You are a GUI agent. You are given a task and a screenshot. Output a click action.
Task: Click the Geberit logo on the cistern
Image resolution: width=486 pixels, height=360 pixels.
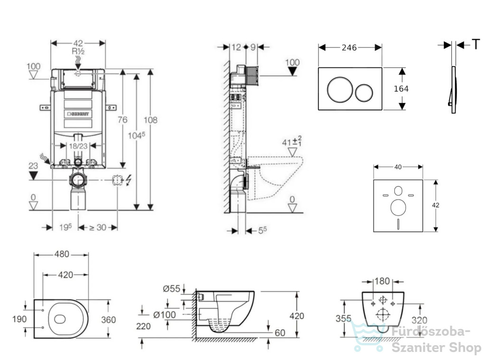78,114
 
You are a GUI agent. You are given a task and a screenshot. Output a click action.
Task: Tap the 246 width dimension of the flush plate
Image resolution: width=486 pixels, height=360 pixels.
349,47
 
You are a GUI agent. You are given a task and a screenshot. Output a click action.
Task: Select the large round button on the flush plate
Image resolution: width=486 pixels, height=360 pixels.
340,90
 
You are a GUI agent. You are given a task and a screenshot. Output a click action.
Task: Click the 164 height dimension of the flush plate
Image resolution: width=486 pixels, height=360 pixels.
401,89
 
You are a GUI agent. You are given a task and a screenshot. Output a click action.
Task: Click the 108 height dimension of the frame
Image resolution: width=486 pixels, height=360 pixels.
150,120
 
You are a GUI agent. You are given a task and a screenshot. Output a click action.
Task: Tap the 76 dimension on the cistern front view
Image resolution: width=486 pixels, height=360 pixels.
122,119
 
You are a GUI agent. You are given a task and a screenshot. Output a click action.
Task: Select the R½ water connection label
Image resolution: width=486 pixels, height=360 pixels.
78,51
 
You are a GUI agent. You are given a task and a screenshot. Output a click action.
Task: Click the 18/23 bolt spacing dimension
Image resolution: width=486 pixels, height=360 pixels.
78,146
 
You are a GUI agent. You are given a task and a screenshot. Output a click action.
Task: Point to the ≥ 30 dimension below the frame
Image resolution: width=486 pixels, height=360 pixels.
98,227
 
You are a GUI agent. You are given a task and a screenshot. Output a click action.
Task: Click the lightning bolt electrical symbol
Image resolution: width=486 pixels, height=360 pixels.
129,180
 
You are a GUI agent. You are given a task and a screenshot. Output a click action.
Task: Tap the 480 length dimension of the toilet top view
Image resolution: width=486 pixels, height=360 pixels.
62,254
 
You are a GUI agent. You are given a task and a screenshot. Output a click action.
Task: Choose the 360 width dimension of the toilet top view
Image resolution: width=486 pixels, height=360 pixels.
109,320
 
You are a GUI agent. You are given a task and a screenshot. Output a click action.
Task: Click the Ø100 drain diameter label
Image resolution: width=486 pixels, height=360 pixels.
165,315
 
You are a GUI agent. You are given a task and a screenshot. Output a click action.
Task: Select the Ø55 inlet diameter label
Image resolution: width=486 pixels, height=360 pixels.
171,289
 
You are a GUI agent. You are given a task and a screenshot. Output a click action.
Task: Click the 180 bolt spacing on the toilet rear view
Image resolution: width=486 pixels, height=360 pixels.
382,281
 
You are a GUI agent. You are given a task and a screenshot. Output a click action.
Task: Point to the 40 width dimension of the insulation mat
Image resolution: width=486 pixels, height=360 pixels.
398,167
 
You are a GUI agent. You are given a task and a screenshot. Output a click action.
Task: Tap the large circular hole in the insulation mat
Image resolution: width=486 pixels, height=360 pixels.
398,208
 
